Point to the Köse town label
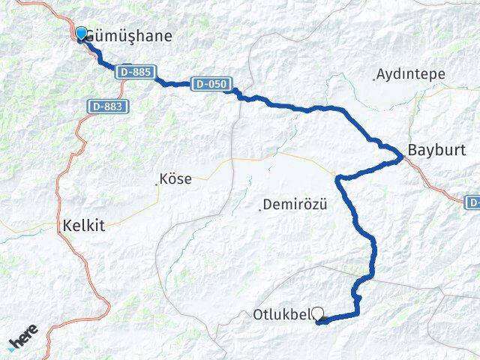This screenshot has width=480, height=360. [x=177, y=180]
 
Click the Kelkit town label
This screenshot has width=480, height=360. [x=85, y=224]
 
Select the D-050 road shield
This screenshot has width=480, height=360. [x=208, y=85]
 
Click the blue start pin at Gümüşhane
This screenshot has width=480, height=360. [x=82, y=34]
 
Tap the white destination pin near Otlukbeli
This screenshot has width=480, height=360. [x=317, y=315]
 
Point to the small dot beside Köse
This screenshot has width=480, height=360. [x=157, y=181]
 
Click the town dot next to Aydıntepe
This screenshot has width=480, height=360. [x=374, y=77]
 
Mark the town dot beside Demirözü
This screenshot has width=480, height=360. [x=260, y=208]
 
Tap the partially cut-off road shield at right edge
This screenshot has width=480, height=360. [x=473, y=202]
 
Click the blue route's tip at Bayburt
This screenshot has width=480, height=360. [x=402, y=157]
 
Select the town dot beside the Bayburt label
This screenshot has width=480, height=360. [x=406, y=156]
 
